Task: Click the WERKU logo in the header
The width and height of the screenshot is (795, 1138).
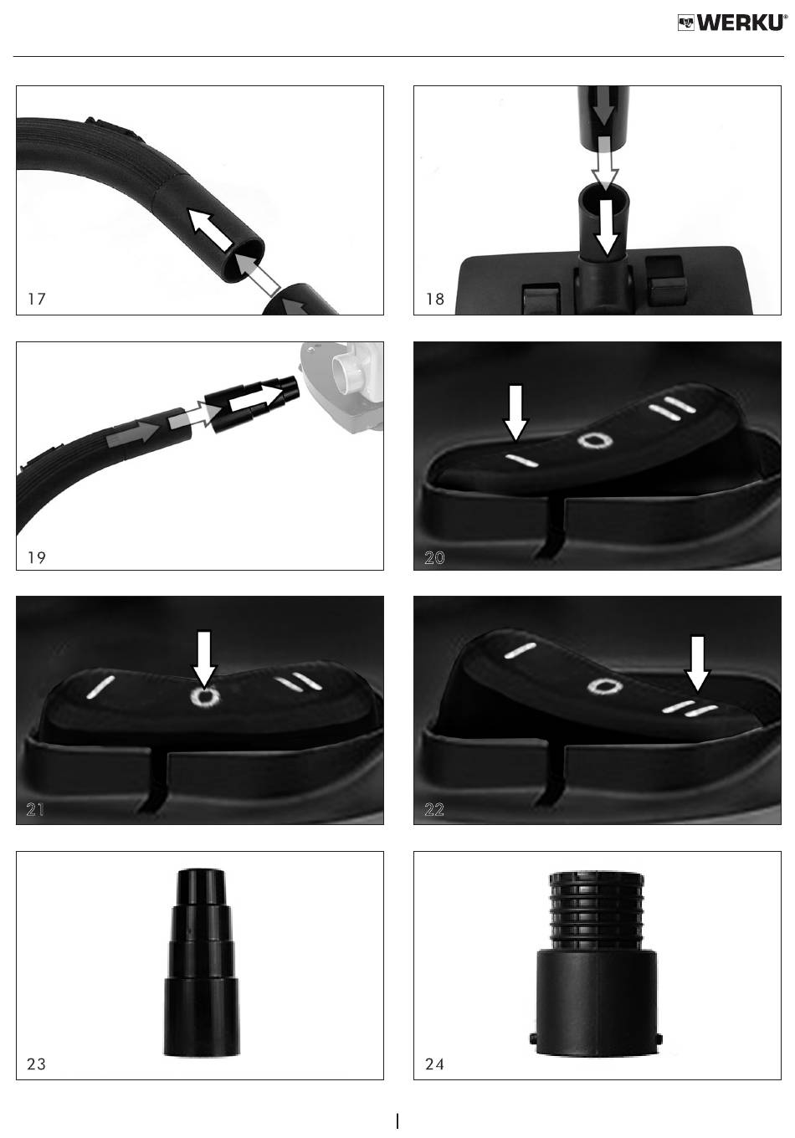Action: (x=732, y=23)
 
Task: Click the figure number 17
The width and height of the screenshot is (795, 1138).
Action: (x=37, y=299)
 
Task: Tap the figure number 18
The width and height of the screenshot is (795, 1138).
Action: (x=435, y=299)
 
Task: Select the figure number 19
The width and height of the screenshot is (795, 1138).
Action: (x=37, y=557)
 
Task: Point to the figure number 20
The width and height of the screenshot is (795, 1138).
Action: (x=434, y=558)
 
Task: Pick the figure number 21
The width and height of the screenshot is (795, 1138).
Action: (x=35, y=809)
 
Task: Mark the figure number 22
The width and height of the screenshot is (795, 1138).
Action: (x=434, y=809)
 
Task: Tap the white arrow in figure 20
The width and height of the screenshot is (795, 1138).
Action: (x=515, y=413)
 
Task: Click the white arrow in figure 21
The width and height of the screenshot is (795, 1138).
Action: (x=204, y=659)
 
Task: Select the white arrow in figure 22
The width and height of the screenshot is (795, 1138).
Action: (x=698, y=664)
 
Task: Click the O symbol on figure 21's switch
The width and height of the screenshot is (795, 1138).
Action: (x=205, y=696)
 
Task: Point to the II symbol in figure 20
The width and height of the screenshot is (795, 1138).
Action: (x=671, y=408)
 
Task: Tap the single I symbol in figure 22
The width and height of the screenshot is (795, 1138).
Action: (x=521, y=651)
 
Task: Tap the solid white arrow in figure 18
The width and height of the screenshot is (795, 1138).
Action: (x=607, y=227)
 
